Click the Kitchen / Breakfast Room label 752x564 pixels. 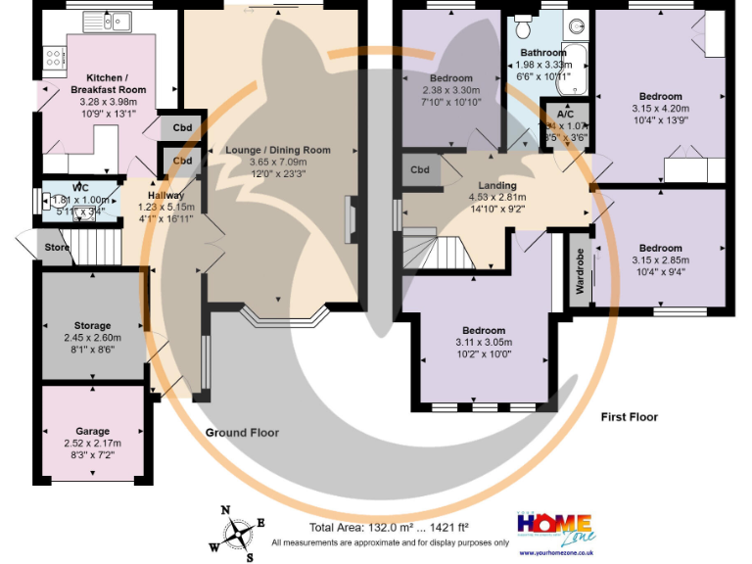point(116,83)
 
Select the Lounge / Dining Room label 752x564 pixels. point(277,150)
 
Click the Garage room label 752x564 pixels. point(93,431)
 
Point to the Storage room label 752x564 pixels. point(93,325)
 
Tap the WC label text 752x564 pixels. point(80,188)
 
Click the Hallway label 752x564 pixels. point(165,196)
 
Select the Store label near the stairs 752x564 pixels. point(58,248)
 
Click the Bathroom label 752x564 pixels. point(542,52)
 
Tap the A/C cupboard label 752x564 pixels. point(565,113)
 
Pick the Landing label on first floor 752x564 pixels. point(497,185)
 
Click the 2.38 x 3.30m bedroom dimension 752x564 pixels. point(450,90)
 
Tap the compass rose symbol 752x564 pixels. point(238,534)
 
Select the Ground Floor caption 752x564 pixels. point(242,432)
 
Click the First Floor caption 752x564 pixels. point(629,416)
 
